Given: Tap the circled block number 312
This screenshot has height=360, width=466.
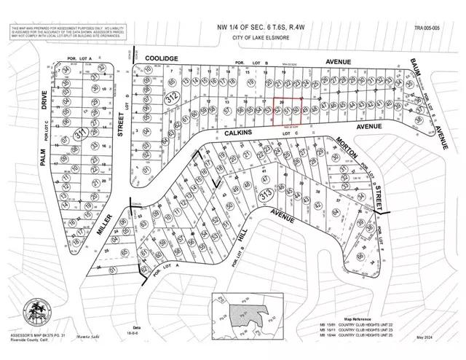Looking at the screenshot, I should tap(170, 98).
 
